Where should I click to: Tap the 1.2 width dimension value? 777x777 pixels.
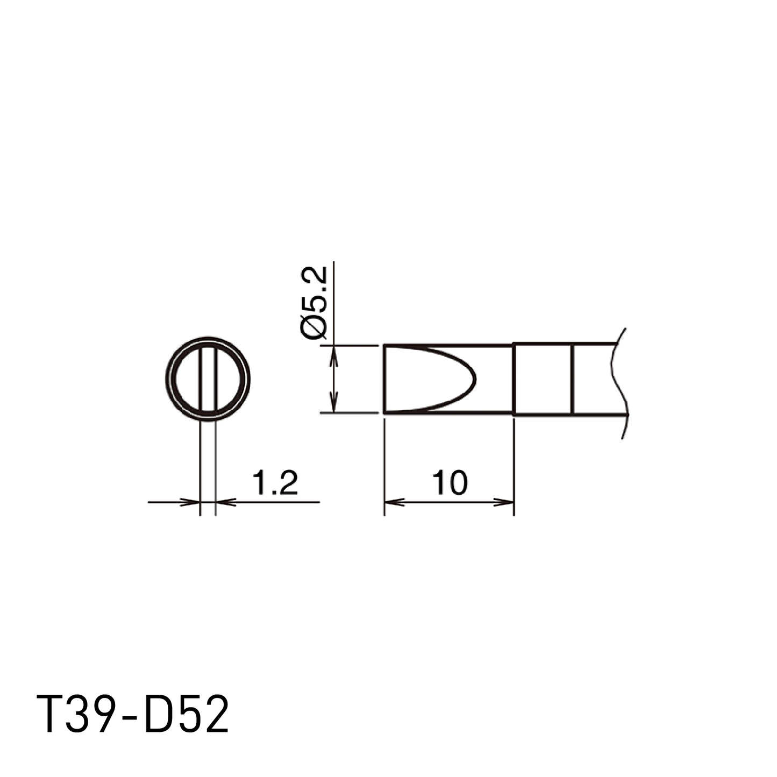click(x=275, y=482)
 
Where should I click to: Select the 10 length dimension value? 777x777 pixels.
click(x=450, y=482)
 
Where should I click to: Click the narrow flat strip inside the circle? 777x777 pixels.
click(x=208, y=379)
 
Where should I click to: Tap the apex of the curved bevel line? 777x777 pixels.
click(x=475, y=379)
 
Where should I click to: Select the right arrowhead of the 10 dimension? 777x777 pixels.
click(x=504, y=502)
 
